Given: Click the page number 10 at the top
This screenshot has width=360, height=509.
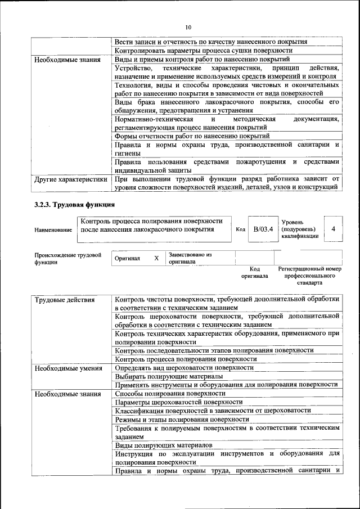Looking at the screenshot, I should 188,27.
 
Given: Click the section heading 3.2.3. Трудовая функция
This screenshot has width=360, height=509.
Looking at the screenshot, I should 74,205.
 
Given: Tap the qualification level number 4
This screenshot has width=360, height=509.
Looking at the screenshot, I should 334,229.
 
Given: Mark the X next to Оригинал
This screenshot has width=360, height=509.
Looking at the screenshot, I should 156,258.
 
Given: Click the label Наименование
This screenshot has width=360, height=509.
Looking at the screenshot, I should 53,230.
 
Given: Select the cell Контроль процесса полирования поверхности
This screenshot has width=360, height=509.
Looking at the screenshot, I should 186,359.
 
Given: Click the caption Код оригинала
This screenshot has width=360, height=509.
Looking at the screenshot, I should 255,272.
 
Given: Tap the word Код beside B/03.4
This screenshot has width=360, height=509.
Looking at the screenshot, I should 240,230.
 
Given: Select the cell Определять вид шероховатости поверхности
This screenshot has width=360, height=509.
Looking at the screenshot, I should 184,367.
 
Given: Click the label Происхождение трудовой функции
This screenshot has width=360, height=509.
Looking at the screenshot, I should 68,258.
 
